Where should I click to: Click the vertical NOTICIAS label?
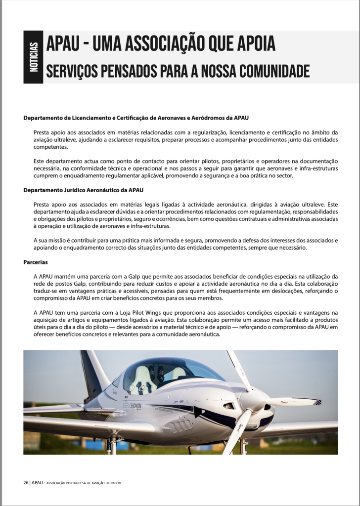(34, 57)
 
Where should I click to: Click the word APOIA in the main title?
(250, 44)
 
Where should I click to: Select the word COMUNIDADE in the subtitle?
(274, 71)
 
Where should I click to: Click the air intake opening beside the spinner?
(228, 406)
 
